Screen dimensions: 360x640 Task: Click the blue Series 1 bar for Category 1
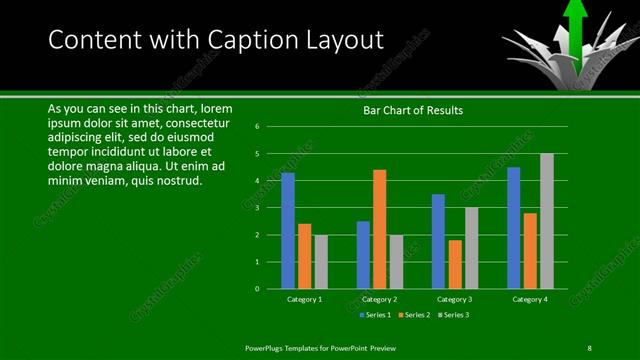tap(288, 231)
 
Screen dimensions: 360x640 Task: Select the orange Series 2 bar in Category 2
tap(379, 229)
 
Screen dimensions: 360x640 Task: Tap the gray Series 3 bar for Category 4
tap(546, 221)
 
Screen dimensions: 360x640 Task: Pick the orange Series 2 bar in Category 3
tap(455, 264)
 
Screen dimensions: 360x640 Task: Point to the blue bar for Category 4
tap(514, 228)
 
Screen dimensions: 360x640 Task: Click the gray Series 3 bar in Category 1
tap(321, 262)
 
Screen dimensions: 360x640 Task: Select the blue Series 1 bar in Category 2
tap(363, 255)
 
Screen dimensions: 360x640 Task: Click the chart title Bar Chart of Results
tap(412, 110)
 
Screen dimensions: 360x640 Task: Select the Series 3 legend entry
tap(452, 315)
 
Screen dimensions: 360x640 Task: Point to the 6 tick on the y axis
tap(257, 127)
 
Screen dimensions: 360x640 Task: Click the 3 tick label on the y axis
tap(257, 208)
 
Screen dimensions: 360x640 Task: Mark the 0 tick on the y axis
tap(257, 289)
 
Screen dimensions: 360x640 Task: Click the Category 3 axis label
tap(455, 299)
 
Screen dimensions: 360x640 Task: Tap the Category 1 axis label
tap(304, 299)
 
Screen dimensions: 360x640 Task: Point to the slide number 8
tap(589, 347)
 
